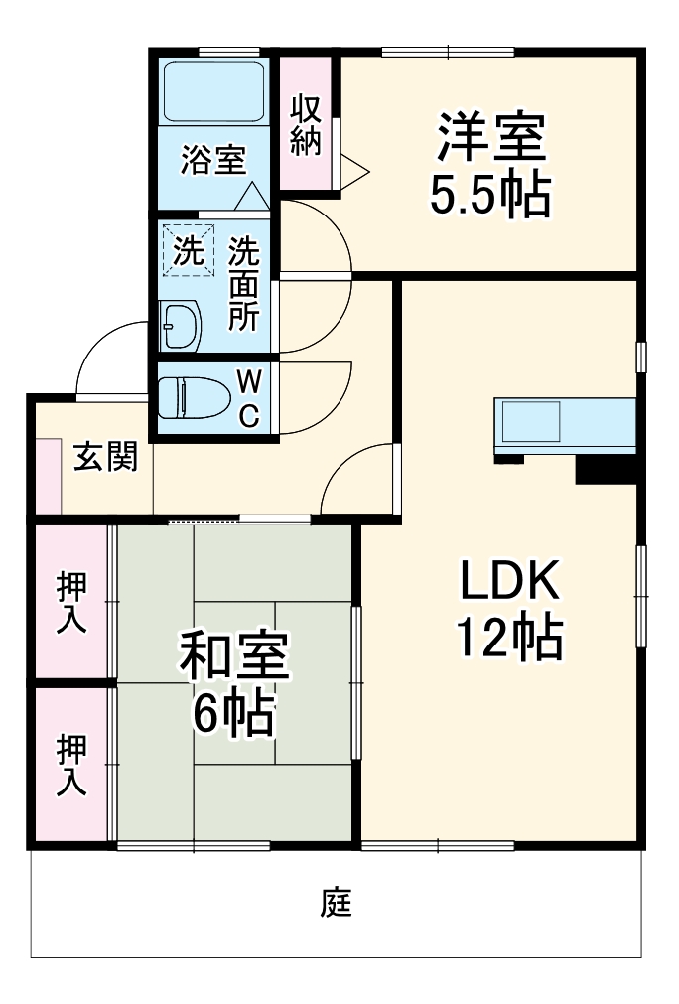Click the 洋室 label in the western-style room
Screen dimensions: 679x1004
point(490,137)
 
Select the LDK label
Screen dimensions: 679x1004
point(510,580)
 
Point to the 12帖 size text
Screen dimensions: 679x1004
point(509,637)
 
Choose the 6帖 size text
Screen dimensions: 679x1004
point(234,711)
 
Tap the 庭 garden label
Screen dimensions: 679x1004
point(337,902)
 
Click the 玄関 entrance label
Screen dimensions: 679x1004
point(106,457)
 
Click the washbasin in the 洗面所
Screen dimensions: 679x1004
point(181,326)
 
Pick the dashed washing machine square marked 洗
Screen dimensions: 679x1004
point(189,249)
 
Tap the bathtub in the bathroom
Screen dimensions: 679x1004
point(213,91)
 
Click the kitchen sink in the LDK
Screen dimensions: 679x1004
point(530,422)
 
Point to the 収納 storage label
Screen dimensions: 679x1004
point(306,125)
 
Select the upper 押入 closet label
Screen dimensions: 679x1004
point(71,603)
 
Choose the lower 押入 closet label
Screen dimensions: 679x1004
point(71,766)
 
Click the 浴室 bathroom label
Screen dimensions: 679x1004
point(213,160)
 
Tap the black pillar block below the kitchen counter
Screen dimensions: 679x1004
point(606,469)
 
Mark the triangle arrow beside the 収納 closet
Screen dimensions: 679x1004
point(354,171)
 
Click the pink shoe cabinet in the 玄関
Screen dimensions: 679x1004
point(48,477)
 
